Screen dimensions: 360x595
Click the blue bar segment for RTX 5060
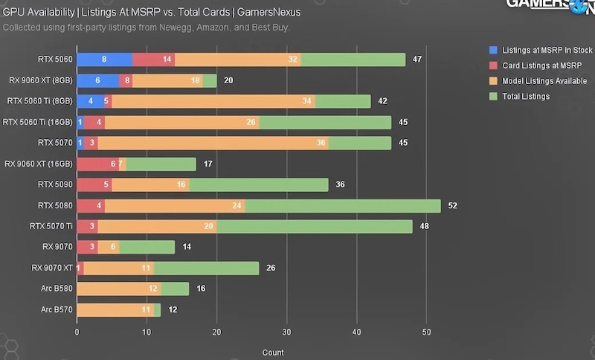point(104,60)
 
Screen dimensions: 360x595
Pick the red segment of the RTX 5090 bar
point(94,184)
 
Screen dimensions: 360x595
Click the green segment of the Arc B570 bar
point(157,309)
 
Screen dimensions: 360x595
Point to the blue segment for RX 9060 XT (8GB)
point(97,80)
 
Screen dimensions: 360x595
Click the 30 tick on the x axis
point(286,332)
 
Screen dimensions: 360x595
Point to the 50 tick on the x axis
point(426,332)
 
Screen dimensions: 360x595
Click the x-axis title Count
point(272,353)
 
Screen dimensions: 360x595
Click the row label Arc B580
point(57,289)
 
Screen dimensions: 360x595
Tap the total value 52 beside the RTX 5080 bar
point(451,205)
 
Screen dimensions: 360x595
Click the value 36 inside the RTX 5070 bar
point(321,143)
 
